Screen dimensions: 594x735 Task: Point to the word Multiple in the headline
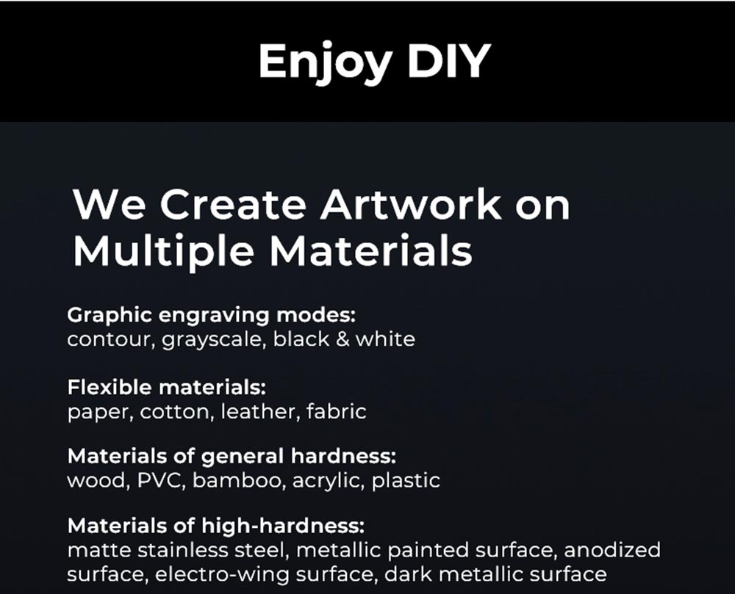click(165, 251)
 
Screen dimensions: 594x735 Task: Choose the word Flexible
click(111, 387)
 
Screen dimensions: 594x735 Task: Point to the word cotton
click(176, 411)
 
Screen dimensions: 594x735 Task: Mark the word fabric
click(336, 411)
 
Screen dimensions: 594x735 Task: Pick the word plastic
click(406, 481)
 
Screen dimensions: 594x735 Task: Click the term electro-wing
click(226, 573)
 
